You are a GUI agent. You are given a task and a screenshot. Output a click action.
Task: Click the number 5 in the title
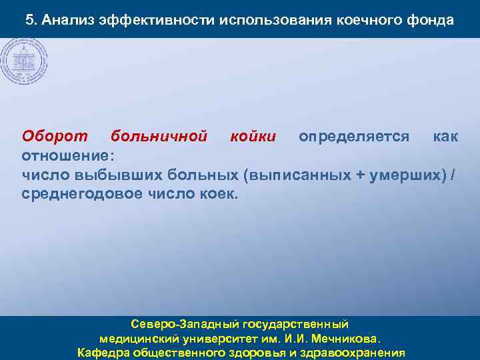(29, 20)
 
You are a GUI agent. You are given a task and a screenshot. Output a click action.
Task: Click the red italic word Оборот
(55, 137)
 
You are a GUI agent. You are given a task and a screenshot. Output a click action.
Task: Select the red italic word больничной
(159, 137)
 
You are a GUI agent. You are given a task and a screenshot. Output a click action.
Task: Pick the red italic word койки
(253, 137)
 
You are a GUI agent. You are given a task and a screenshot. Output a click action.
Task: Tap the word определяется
(354, 137)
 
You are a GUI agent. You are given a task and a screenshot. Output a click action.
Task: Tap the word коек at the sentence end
(217, 195)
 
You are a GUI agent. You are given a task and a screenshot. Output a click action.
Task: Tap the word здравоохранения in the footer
(355, 352)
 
